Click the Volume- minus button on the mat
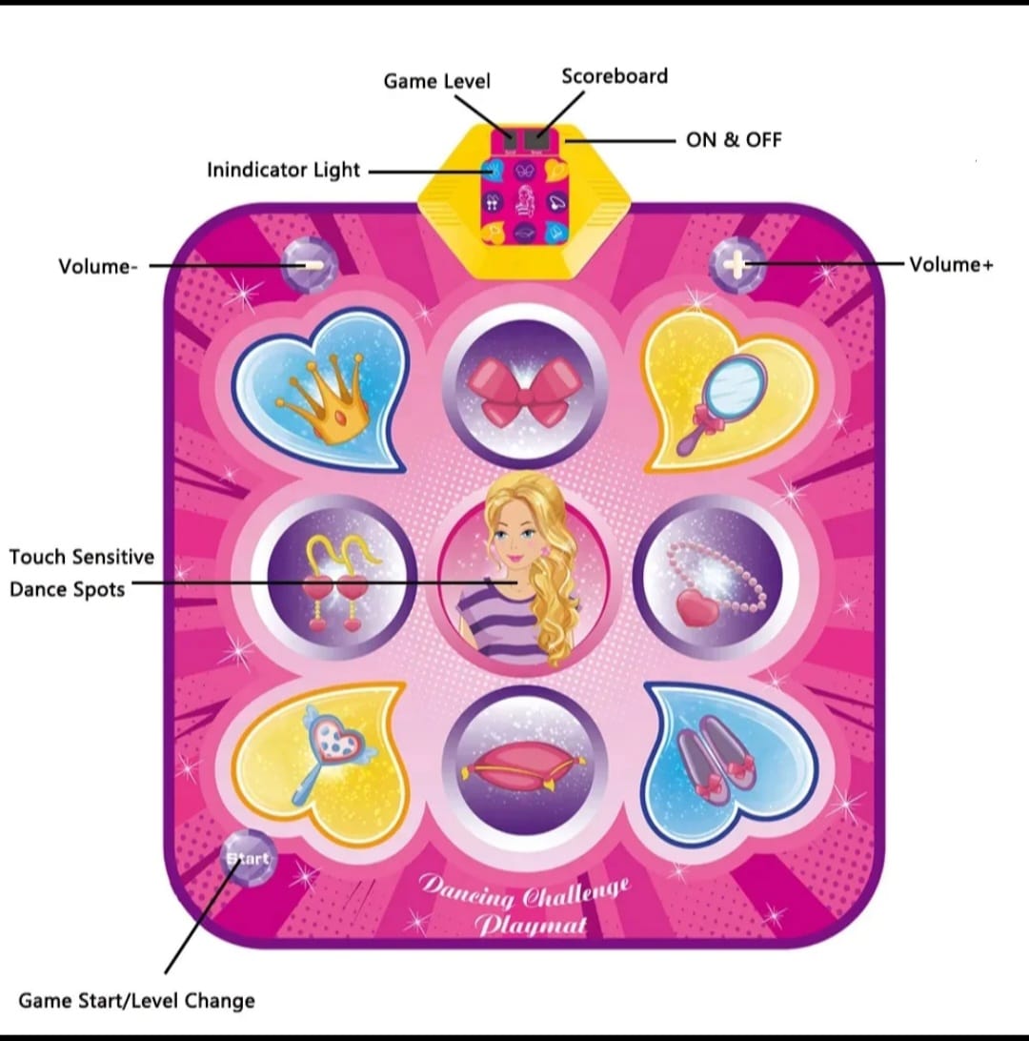[x=310, y=266]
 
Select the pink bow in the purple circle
[x=525, y=391]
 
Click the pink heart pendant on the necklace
[x=696, y=607]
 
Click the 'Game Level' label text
[x=436, y=81]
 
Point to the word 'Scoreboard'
[x=615, y=76]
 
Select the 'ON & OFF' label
[x=734, y=140]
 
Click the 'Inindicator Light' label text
[x=283, y=170]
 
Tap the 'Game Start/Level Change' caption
[x=136, y=1001]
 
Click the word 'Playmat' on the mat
[x=531, y=924]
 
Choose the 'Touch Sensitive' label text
[x=82, y=557]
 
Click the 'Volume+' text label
[x=952, y=265]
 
